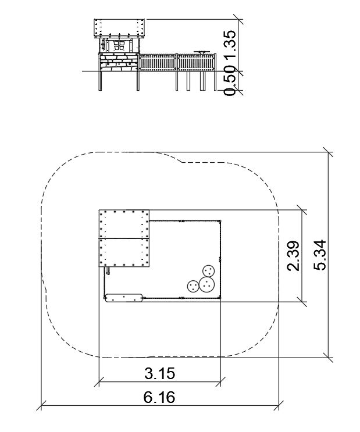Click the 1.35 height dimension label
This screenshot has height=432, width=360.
click(230, 43)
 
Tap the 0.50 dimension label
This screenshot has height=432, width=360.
click(230, 81)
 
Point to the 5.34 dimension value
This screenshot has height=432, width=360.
click(320, 255)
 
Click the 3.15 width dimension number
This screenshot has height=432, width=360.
click(160, 374)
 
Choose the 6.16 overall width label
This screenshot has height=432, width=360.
click(159, 397)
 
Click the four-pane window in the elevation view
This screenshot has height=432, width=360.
click(119, 46)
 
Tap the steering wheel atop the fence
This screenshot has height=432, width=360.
click(201, 52)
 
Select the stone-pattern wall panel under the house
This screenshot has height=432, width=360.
click(119, 63)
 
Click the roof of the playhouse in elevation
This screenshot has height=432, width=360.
click(119, 28)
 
